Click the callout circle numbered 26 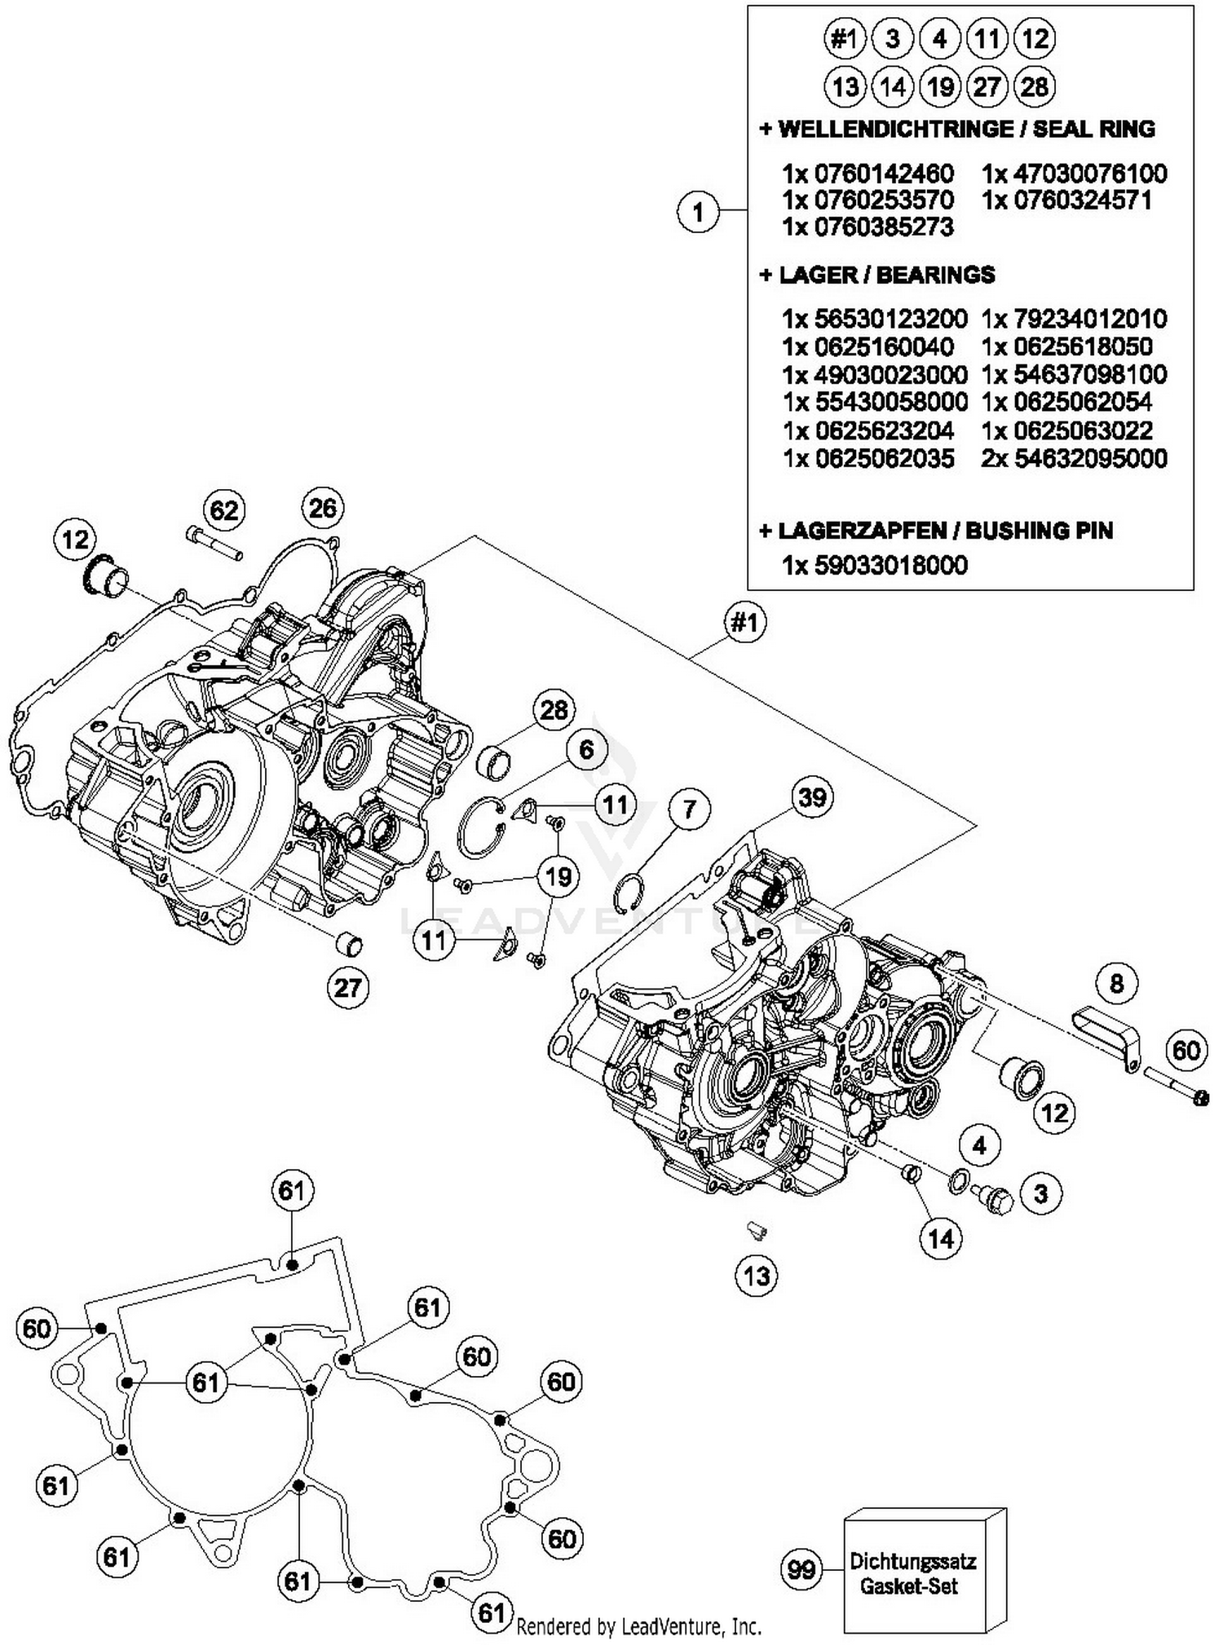(323, 508)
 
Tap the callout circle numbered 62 (224, 510)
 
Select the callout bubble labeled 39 (812, 796)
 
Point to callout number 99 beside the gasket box (801, 1568)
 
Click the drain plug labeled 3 (993, 1198)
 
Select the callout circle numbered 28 (554, 709)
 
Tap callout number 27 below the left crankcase (347, 987)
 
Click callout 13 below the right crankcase (757, 1275)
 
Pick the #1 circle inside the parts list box (844, 38)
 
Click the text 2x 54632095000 (1074, 459)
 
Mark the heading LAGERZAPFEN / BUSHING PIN (935, 531)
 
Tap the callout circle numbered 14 (940, 1239)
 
